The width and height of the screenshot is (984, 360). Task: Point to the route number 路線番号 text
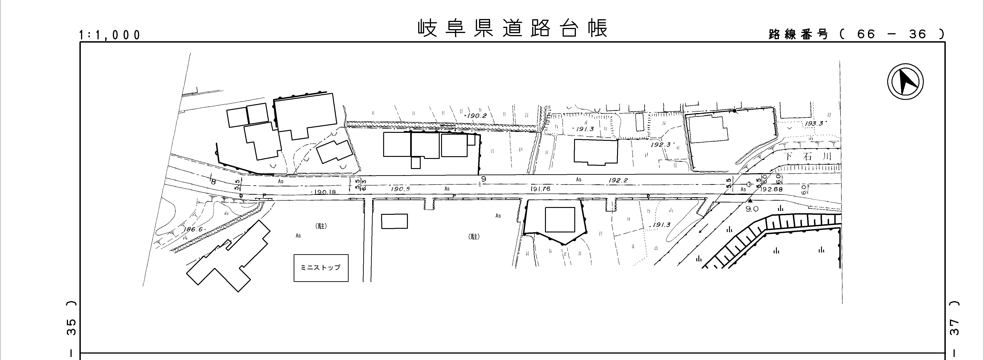[x=798, y=34]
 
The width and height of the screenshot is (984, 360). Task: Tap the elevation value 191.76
[x=540, y=189]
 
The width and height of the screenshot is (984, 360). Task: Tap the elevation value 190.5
[x=400, y=189]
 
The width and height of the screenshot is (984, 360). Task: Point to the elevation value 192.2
[x=618, y=180]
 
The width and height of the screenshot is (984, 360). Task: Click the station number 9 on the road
[x=484, y=178]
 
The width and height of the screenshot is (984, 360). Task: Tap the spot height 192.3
[x=660, y=145]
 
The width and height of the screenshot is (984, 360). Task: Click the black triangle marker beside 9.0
[x=750, y=200]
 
